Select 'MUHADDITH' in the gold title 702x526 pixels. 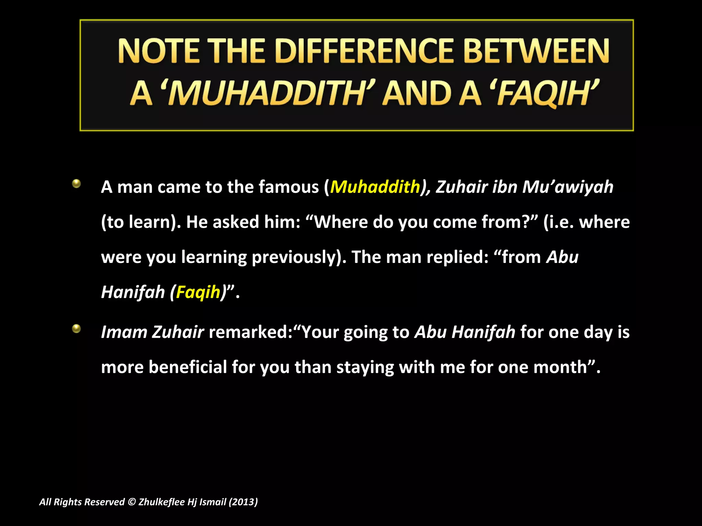pos(267,93)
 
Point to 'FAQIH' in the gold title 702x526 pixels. pos(545,93)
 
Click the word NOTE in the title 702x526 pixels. pos(158,51)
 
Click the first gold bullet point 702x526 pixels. pos(76,184)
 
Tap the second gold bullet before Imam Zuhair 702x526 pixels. pos(76,329)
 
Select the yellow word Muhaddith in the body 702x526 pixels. pos(375,187)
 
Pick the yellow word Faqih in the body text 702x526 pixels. pos(198,292)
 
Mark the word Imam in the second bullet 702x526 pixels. pos(124,332)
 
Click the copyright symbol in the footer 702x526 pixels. pos(132,502)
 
